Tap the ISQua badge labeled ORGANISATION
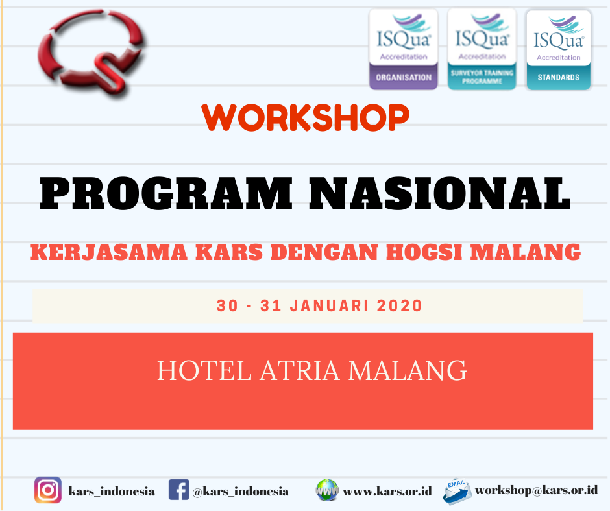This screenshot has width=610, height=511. click(x=403, y=49)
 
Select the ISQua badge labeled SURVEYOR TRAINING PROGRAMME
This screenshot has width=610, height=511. click(x=482, y=49)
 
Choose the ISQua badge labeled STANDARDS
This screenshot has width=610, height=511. click(x=558, y=49)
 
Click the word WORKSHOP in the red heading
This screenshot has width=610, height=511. click(x=306, y=117)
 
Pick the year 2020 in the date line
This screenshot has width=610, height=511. click(x=396, y=305)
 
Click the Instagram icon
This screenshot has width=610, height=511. click(x=47, y=490)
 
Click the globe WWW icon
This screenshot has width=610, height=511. click(x=327, y=490)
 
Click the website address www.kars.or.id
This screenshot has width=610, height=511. click(x=387, y=492)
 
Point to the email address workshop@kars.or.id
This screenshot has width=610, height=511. click(x=536, y=490)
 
